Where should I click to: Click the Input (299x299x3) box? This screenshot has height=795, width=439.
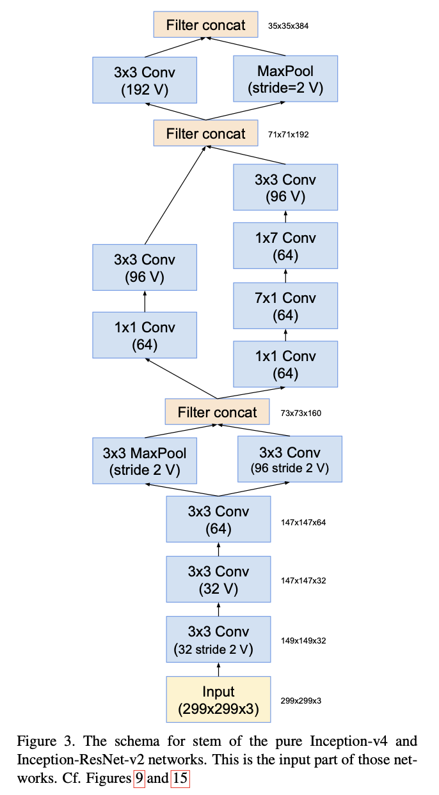click(218, 700)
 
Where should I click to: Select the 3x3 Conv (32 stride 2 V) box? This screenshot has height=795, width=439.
click(218, 640)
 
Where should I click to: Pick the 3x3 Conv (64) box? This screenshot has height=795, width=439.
click(218, 520)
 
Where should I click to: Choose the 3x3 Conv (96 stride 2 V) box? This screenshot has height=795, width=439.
click(289, 460)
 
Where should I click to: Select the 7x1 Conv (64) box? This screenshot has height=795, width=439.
click(285, 306)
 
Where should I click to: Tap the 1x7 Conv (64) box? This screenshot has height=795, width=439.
click(285, 246)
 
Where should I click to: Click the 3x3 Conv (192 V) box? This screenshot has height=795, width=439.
click(145, 81)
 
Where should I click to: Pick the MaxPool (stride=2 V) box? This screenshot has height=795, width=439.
click(285, 81)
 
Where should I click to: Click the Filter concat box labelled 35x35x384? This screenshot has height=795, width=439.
click(205, 26)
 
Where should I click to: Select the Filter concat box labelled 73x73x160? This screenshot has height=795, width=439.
click(218, 412)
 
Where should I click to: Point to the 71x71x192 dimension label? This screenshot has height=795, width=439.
click(289, 135)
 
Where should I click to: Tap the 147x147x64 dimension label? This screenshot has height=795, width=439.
click(303, 522)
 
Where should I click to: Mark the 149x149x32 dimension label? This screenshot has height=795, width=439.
click(303, 640)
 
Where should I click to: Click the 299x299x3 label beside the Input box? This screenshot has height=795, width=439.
click(301, 700)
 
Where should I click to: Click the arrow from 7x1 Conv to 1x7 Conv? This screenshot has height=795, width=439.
click(285, 276)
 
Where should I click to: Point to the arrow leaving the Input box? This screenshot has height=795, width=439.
click(218, 670)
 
